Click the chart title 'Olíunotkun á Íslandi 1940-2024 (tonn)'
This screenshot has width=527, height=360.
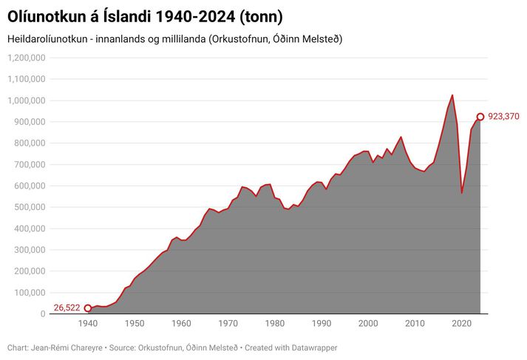pyautogui.click(x=145, y=16)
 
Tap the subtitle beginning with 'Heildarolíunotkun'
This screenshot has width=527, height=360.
pyautogui.click(x=174, y=38)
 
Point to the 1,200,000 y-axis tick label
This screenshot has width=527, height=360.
pyautogui.click(x=25, y=58)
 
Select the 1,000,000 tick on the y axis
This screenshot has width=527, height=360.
pyautogui.click(x=25, y=101)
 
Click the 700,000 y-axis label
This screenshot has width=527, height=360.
pyautogui.click(x=28, y=164)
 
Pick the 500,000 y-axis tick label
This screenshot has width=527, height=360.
pyautogui.click(x=28, y=207)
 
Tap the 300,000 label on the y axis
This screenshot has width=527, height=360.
pyautogui.click(x=28, y=250)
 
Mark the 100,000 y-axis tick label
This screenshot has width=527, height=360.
pyautogui.click(x=28, y=293)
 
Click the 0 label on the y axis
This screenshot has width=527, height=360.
pyautogui.click(x=43, y=314)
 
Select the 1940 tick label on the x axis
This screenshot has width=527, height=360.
pyautogui.click(x=88, y=324)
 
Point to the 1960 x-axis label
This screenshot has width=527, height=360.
pyautogui.click(x=181, y=324)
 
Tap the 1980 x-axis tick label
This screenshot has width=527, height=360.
pyautogui.click(x=275, y=324)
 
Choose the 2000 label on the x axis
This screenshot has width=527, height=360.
pyautogui.click(x=368, y=324)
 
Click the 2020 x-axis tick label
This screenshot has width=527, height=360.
pyautogui.click(x=461, y=324)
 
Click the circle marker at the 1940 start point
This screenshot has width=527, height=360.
pyautogui.click(x=88, y=308)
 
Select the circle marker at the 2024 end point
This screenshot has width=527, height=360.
pyautogui.click(x=480, y=117)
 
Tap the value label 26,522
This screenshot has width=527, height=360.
pyautogui.click(x=67, y=308)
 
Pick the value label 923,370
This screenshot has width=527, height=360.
pyautogui.click(x=504, y=117)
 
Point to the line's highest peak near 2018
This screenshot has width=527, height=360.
pyautogui.click(x=452, y=95)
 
